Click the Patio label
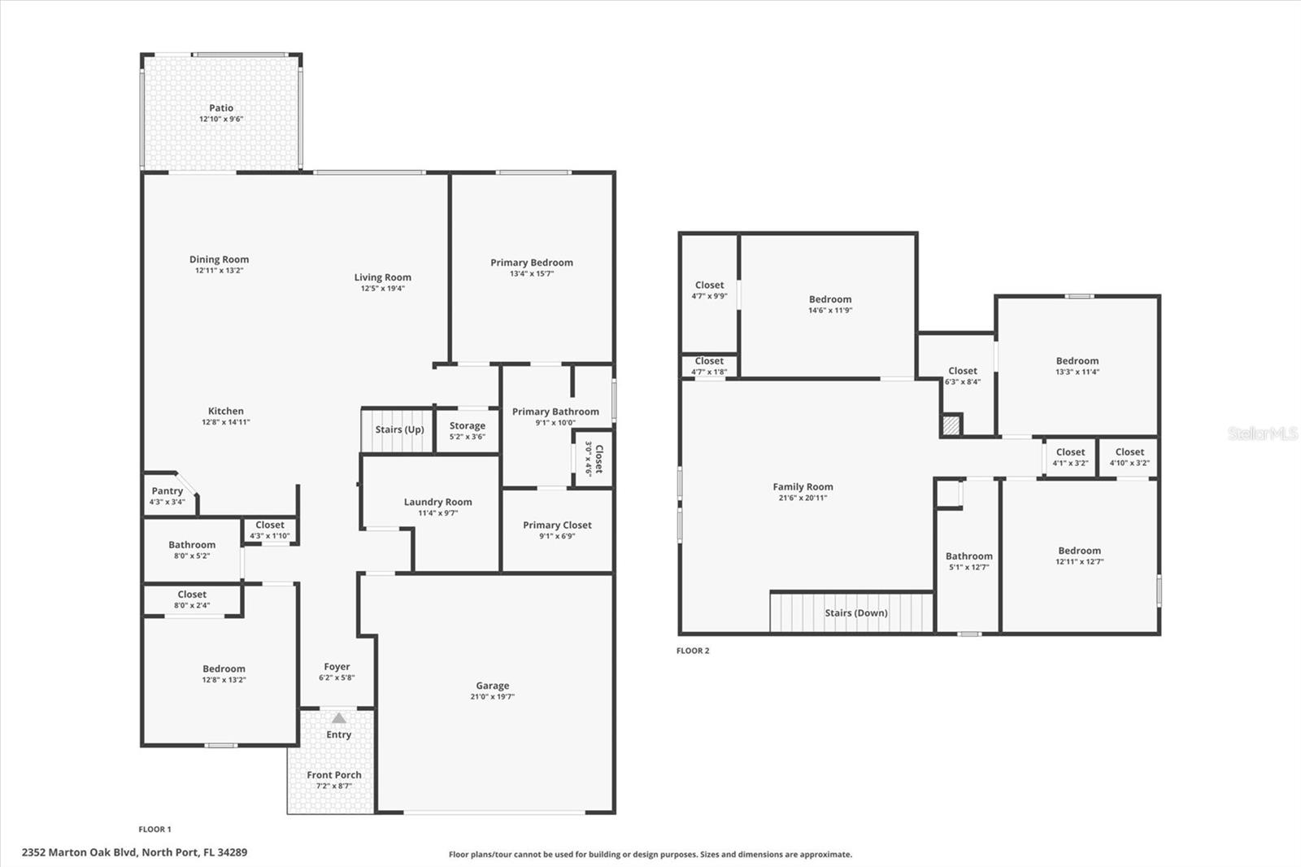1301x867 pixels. click(221, 108)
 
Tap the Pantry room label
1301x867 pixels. click(168, 491)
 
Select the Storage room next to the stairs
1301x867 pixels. click(468, 430)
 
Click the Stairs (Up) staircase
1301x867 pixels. click(398, 430)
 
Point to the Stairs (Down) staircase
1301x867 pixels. click(853, 613)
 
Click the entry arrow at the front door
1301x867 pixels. click(339, 718)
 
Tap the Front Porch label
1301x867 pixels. click(334, 775)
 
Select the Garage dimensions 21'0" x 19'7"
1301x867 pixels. click(493, 697)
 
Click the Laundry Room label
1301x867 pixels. click(437, 503)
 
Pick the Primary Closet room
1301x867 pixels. click(557, 529)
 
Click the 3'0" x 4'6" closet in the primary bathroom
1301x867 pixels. click(594, 459)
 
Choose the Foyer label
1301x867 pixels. click(337, 667)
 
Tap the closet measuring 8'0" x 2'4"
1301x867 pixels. click(192, 599)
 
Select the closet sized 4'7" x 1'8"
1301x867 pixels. click(709, 366)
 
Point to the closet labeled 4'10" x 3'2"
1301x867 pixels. click(1129, 457)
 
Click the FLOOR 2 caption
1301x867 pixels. click(693, 651)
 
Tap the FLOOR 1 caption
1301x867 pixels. click(154, 830)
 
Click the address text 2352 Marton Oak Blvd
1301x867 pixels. click(134, 852)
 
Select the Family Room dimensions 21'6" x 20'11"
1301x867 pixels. click(803, 498)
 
